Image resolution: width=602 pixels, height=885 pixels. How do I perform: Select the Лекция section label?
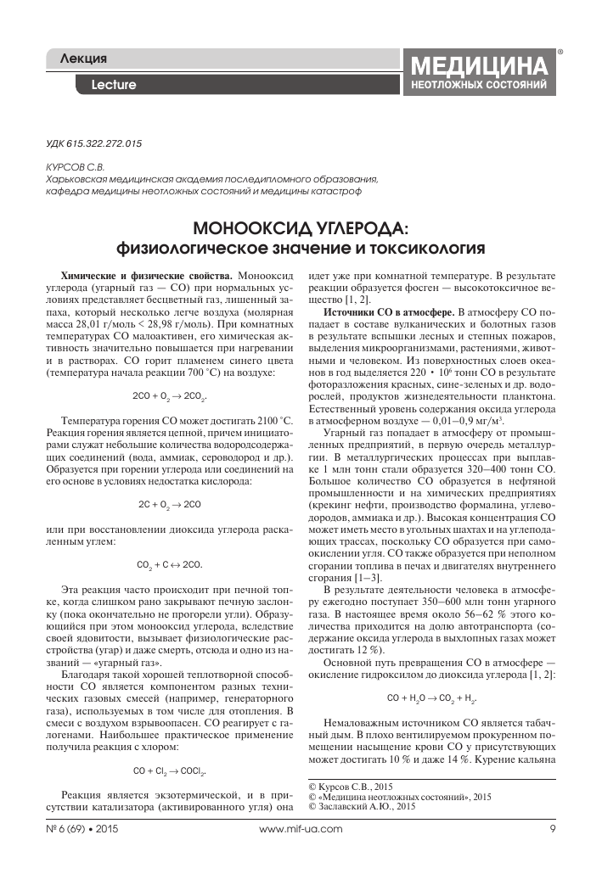tap(84, 59)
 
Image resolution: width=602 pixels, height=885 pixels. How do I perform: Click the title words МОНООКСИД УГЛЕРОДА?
tap(301, 228)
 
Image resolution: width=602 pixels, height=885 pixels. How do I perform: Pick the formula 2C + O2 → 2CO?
tap(170, 479)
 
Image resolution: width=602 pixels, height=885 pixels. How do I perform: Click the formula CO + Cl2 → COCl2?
tap(170, 748)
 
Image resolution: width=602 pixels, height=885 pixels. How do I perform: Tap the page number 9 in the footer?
tap(552, 828)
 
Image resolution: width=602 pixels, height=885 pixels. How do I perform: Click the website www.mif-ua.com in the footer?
tap(301, 828)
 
